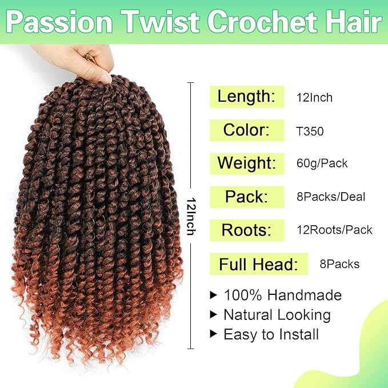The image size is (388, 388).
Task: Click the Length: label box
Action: point(247,96)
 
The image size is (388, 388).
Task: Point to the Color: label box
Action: point(247,130)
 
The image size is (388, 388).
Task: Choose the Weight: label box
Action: point(247,163)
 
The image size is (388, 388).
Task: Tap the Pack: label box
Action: point(247,197)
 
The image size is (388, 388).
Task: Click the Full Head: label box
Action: point(259,264)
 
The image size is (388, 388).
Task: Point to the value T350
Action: point(310,131)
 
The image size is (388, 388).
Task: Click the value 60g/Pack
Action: point(322,164)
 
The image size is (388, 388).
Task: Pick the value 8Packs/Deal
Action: point(330,197)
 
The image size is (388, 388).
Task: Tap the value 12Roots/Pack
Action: point(334,230)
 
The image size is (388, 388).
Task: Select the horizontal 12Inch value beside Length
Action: point(314,97)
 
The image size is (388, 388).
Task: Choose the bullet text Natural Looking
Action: point(277,315)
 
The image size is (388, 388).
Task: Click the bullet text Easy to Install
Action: point(271,334)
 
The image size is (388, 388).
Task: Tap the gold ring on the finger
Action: point(90,57)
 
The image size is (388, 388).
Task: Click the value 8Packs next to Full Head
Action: point(339,264)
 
